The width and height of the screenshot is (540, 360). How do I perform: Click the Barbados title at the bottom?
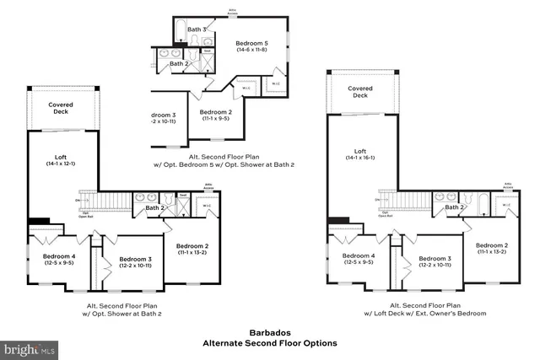pyautogui.click(x=269, y=333)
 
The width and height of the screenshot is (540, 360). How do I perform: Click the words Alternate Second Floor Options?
pyautogui.click(x=269, y=343)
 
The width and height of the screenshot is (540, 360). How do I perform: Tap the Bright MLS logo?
pyautogui.click(x=30, y=347)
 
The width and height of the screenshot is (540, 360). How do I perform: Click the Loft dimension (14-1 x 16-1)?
pyautogui.click(x=360, y=158)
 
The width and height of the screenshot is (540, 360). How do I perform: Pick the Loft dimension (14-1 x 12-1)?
pyautogui.click(x=61, y=164)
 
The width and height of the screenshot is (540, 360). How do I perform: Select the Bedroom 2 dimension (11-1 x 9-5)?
pyautogui.click(x=216, y=119)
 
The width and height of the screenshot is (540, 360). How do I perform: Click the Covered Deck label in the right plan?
pyautogui.click(x=360, y=91)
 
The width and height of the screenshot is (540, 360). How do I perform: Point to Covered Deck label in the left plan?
pyautogui.click(x=61, y=107)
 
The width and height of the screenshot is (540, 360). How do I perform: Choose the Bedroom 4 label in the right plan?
pyautogui.click(x=358, y=255)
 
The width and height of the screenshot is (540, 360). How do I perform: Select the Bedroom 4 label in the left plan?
pyautogui.click(x=59, y=255)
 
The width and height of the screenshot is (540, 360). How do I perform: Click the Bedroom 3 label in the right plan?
pyautogui.click(x=435, y=258)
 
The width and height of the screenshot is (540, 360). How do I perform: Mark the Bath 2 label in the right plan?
pyautogui.click(x=455, y=207)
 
